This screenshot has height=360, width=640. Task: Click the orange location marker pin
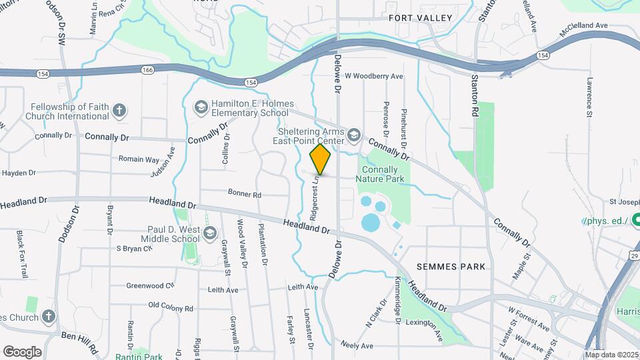(x=321, y=159)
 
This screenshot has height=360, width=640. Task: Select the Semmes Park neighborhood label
(x=451, y=266)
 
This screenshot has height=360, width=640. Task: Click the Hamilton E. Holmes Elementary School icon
(x=200, y=107)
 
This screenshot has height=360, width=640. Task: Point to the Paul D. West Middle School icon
(x=210, y=233)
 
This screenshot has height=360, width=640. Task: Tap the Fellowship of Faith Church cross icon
(x=119, y=111)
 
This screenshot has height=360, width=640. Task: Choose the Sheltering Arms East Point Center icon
(x=353, y=135)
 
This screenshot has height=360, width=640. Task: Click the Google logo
(x=22, y=352)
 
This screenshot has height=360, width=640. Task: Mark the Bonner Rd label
(x=245, y=195)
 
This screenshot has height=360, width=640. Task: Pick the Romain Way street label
(x=139, y=160)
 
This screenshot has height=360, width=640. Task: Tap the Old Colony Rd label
(x=170, y=308)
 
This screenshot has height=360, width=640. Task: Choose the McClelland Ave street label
(x=585, y=25)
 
